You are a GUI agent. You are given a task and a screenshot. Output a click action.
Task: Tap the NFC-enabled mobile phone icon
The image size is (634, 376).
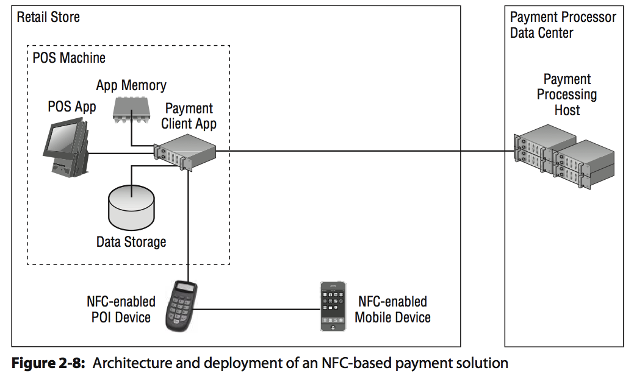coord(333,306)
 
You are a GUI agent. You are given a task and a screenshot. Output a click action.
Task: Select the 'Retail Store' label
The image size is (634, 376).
coord(48,17)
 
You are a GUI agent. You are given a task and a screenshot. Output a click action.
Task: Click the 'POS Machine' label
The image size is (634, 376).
coord(69,58)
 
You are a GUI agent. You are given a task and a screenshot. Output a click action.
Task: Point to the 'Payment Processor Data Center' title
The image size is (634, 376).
coord(563,25)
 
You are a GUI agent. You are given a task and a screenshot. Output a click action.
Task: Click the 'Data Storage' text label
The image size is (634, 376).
coord(131,242)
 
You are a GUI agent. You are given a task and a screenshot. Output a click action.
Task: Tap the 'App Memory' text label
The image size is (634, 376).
coord(131,85)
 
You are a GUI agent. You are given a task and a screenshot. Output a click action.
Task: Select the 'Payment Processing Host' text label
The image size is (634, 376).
coord(567,94)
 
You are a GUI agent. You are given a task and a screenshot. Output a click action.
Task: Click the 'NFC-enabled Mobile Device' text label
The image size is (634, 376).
coord(392,310)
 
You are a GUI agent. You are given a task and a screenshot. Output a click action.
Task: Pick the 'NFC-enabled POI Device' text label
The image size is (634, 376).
coord(121,309)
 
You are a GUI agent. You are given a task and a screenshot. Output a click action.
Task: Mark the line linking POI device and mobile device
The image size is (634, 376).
coord(256,310)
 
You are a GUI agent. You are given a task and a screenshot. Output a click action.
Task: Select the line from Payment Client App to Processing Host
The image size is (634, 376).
coord(366,151)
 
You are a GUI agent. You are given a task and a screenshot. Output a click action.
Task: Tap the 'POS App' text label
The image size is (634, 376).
coord(72,107)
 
